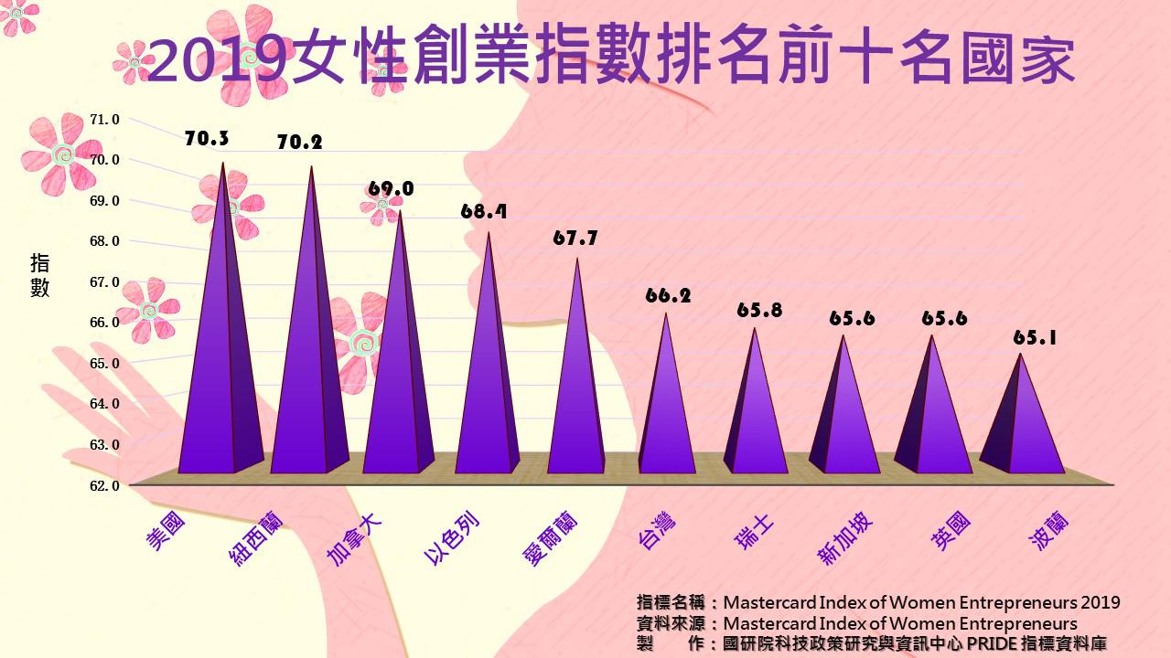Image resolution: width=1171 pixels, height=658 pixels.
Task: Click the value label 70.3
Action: [207, 139]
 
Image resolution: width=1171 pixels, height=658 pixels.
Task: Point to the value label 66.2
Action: [668, 295]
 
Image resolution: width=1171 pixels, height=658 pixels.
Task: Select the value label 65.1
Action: [1035, 337]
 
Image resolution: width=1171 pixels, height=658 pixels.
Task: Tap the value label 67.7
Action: [575, 238]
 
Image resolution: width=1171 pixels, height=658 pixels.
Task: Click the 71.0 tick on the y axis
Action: [104, 119]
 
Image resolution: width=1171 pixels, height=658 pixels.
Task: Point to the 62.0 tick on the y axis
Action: [104, 485]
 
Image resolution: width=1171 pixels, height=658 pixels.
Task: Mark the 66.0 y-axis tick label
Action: [104, 323]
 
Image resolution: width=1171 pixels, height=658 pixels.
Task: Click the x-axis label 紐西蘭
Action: [256, 539]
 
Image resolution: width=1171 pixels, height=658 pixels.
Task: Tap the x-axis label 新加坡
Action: [846, 539]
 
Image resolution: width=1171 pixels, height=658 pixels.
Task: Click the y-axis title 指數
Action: [40, 276]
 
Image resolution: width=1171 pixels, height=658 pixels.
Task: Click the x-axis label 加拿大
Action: [354, 539]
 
